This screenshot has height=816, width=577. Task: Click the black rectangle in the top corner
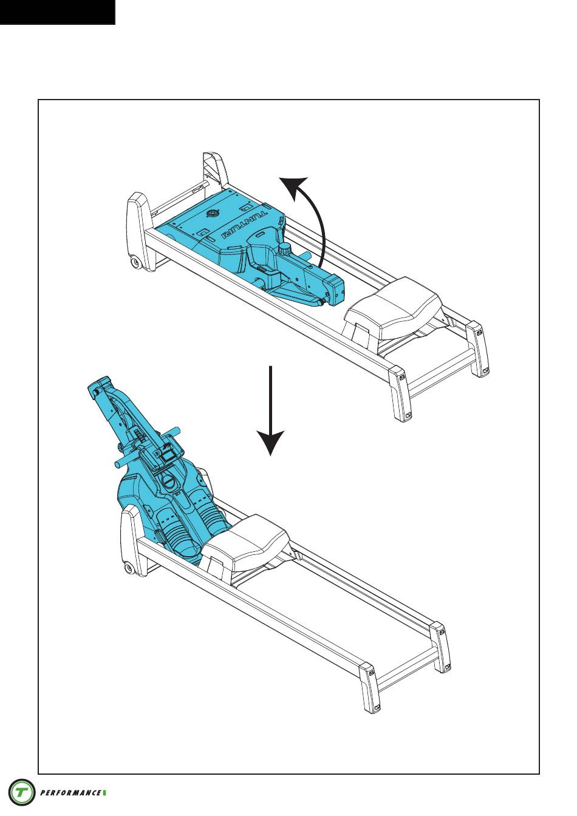tap(58, 12)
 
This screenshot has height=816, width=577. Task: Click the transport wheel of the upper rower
tap(136, 262)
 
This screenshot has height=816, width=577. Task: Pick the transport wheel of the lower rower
tap(129, 568)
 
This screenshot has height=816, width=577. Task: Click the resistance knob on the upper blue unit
tap(284, 249)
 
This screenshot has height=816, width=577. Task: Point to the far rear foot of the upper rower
tap(478, 348)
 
